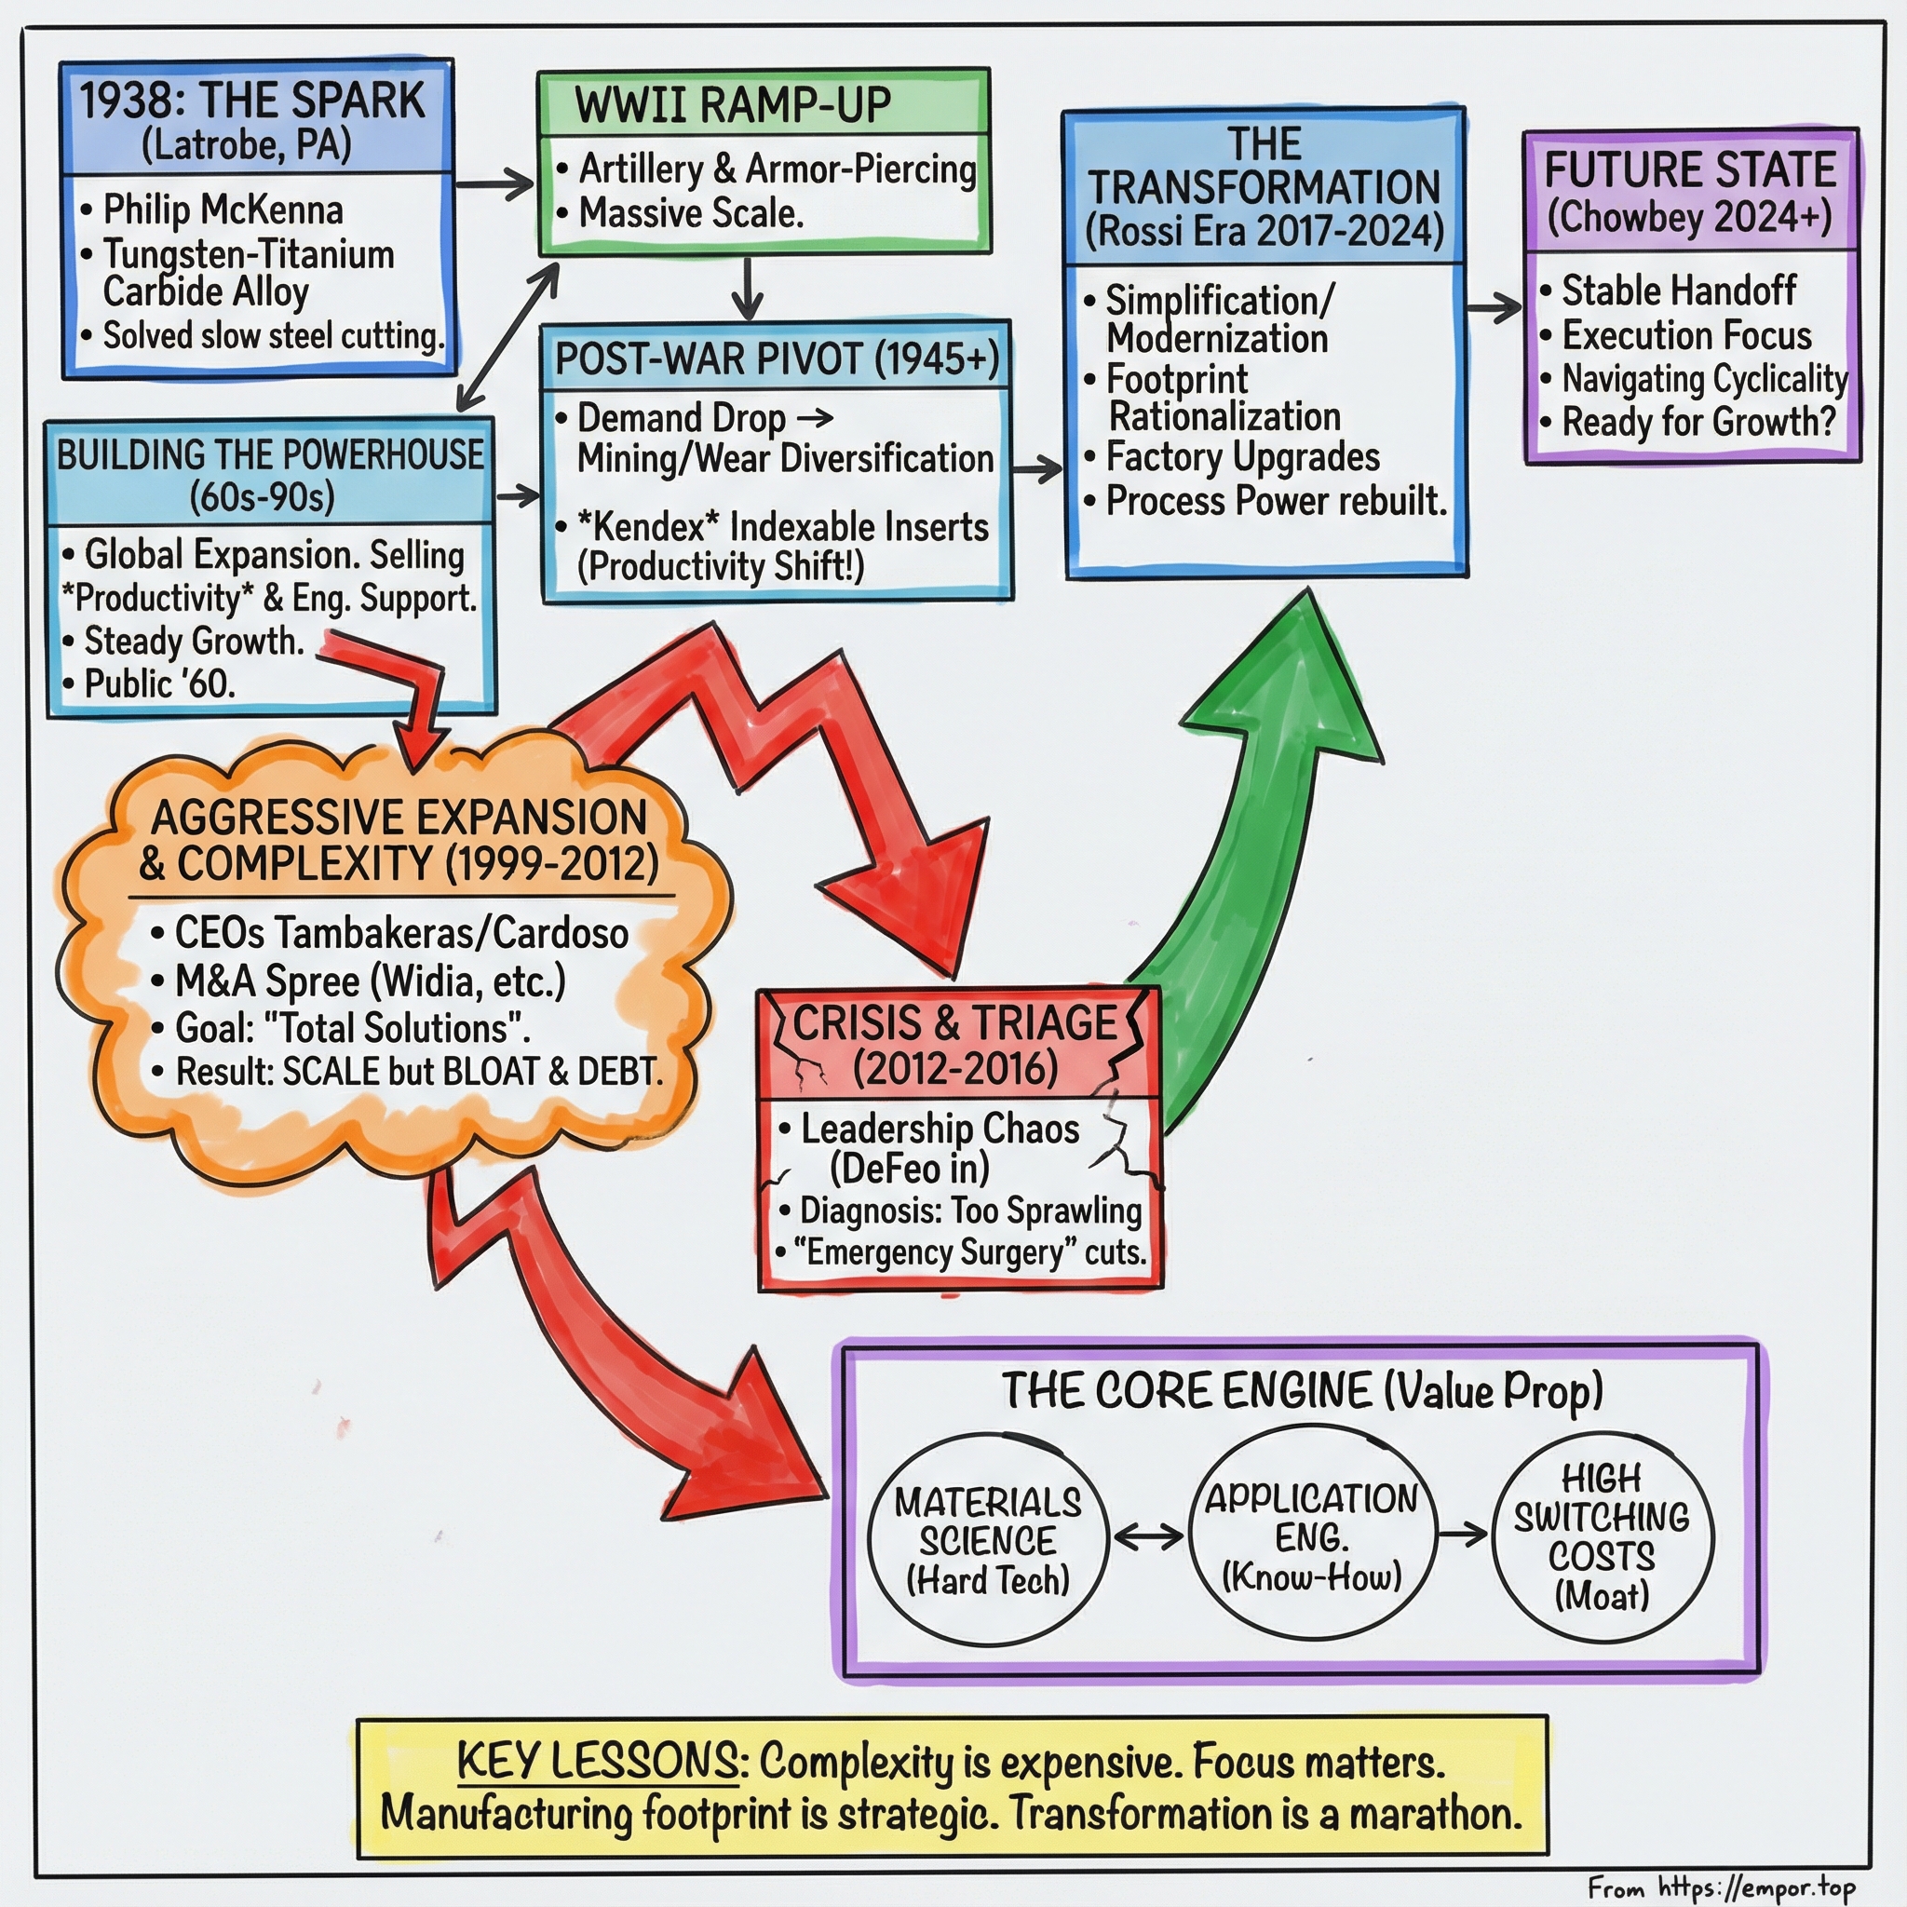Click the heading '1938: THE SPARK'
point(251,101)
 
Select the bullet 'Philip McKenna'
point(223,210)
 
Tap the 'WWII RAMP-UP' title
point(733,105)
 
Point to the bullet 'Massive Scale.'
point(691,213)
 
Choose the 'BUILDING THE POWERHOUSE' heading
point(269,455)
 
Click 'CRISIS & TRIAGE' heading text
point(954,1022)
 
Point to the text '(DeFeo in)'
point(909,1169)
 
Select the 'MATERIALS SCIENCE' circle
point(987,1539)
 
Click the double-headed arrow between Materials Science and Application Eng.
point(1148,1535)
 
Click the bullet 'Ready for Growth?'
point(1697,422)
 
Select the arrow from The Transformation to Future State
point(1494,307)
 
